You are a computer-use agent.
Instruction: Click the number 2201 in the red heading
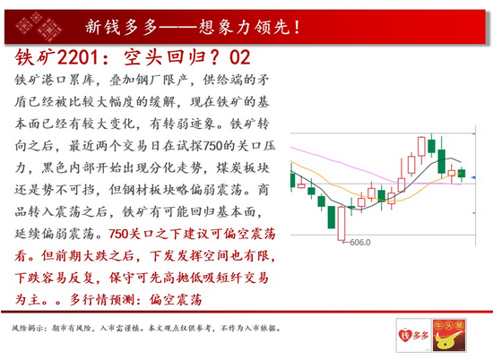78,57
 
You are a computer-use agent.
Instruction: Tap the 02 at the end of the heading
240,57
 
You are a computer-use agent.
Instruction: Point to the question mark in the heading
215,57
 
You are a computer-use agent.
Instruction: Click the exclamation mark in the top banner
297,27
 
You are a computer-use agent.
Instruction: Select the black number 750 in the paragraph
212,146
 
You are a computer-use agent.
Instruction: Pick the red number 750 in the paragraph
119,234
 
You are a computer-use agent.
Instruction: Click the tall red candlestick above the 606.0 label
342,223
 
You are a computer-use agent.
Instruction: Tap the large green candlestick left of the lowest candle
332,217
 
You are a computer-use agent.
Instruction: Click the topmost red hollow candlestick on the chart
421,147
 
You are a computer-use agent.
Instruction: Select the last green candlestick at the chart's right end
462,174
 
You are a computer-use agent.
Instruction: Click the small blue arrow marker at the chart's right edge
473,178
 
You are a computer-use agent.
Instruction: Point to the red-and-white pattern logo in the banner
39,27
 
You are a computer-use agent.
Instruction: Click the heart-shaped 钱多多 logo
413,335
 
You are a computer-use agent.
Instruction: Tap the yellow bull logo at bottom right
448,335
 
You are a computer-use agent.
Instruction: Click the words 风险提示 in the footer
26,329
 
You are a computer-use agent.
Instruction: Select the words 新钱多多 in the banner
121,27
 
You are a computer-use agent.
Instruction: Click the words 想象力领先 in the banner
245,27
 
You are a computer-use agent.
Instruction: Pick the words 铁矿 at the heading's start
35,57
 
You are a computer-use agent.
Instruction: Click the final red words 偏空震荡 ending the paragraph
176,300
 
